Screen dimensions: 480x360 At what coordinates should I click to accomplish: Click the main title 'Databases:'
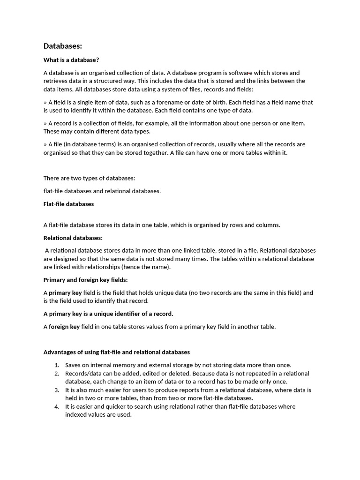point(63,46)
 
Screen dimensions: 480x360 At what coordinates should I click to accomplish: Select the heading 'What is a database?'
point(71,60)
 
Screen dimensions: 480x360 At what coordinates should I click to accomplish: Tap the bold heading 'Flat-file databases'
point(68,204)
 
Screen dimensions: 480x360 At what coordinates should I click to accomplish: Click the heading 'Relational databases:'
point(73,238)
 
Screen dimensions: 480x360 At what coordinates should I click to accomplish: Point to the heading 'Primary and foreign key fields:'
point(85,280)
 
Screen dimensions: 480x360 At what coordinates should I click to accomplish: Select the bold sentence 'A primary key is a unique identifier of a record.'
point(108,314)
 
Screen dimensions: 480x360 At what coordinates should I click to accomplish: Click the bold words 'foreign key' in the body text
point(64,327)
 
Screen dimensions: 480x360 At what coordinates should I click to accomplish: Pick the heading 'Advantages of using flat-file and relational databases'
point(117,352)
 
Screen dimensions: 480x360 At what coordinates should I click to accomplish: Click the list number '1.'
point(57,365)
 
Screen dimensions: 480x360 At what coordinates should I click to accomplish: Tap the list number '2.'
point(57,374)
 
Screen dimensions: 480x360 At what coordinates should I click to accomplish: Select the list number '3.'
point(57,390)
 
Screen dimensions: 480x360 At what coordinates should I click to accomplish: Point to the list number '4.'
point(57,406)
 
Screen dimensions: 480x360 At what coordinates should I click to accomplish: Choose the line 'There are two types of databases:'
point(89,178)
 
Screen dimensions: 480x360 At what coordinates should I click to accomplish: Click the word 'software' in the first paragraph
point(240,73)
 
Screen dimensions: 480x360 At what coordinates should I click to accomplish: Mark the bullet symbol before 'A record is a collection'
point(45,123)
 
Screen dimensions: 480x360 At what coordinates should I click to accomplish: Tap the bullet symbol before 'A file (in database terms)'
point(45,144)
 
